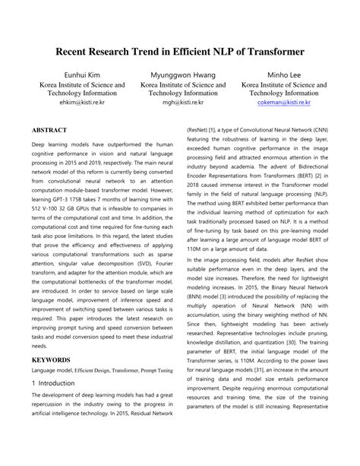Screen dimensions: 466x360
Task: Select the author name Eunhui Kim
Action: pyautogui.click(x=71, y=75)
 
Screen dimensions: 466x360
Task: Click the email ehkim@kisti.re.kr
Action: pyautogui.click(x=71, y=101)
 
